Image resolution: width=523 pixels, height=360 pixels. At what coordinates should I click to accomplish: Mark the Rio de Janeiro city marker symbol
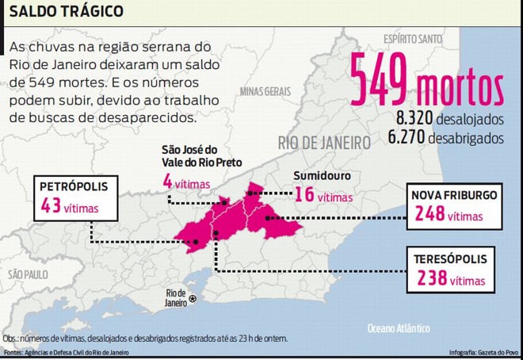point(191,299)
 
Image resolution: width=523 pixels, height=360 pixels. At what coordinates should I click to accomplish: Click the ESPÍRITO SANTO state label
point(412,37)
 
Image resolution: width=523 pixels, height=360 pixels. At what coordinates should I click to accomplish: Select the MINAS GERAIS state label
point(265,91)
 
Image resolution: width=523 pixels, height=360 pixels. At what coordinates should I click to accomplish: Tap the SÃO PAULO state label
point(27,274)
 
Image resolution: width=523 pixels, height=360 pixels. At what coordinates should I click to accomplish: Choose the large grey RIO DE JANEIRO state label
point(324,143)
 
